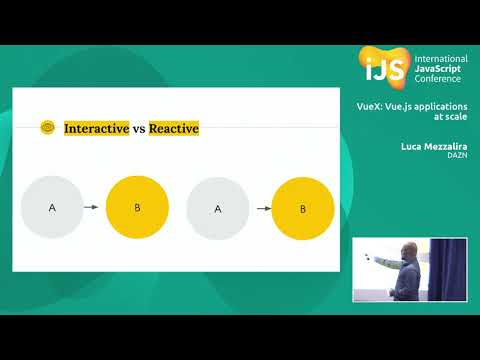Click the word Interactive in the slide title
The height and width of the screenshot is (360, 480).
[97, 128]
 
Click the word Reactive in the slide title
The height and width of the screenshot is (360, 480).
[174, 128]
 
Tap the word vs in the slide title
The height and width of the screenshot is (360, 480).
[140, 128]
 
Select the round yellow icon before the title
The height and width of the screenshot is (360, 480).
[47, 128]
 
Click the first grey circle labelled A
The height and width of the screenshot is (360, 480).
[52, 207]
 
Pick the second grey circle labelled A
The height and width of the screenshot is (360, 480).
[218, 209]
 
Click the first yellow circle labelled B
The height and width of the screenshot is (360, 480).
[137, 207]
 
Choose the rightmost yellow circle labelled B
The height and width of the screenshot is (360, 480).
[303, 209]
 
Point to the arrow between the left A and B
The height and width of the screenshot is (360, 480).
[90, 207]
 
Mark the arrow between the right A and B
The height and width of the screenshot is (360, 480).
[264, 209]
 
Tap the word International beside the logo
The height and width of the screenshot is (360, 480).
[440, 60]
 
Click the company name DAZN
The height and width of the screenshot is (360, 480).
[457, 155]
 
